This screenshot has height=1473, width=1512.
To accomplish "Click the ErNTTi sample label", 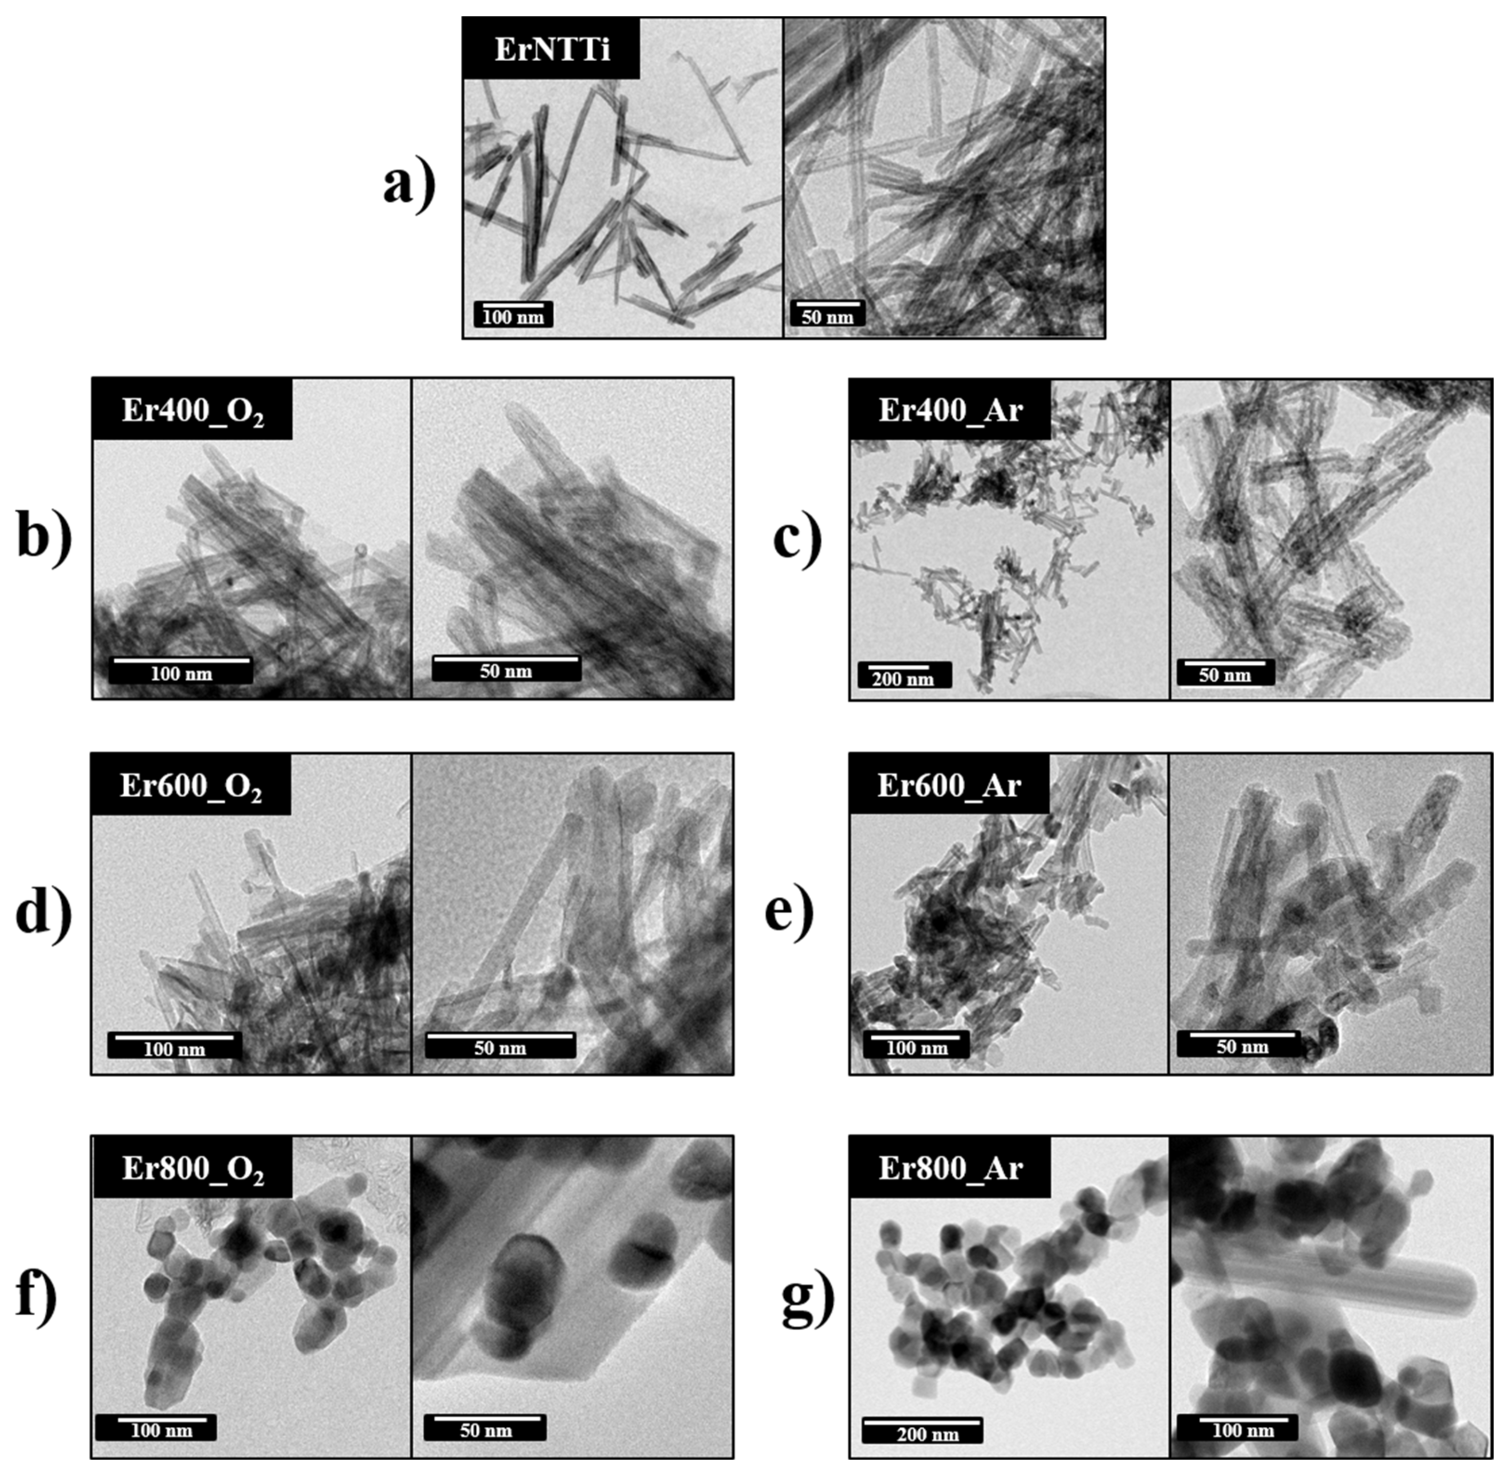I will [552, 49].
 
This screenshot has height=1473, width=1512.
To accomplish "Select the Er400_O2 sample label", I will [192, 409].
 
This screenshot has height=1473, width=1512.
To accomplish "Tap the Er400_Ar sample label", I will [950, 409].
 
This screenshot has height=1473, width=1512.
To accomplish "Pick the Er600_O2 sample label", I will [190, 785].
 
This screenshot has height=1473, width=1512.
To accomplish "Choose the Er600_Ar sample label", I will [949, 785].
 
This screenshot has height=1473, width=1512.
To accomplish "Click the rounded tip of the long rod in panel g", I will [1467, 1294].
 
